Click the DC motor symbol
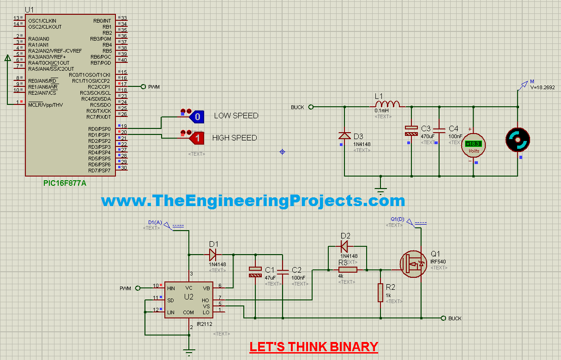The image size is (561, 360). [x=518, y=140]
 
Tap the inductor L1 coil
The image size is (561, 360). [x=387, y=104]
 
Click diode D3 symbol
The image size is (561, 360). [x=344, y=135]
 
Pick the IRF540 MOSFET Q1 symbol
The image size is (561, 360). [x=413, y=264]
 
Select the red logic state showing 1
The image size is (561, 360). [x=196, y=138]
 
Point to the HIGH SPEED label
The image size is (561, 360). [x=234, y=138]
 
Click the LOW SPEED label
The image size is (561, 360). [x=236, y=116]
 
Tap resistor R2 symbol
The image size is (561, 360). [x=380, y=293]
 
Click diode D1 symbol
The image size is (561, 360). [x=212, y=254]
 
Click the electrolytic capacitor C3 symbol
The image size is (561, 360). [x=410, y=131]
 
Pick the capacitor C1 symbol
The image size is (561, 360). [x=254, y=272]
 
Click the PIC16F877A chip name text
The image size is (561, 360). [x=65, y=183]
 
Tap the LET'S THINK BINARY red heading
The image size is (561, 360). [x=314, y=347]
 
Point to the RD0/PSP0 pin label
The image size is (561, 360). [x=99, y=129]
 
